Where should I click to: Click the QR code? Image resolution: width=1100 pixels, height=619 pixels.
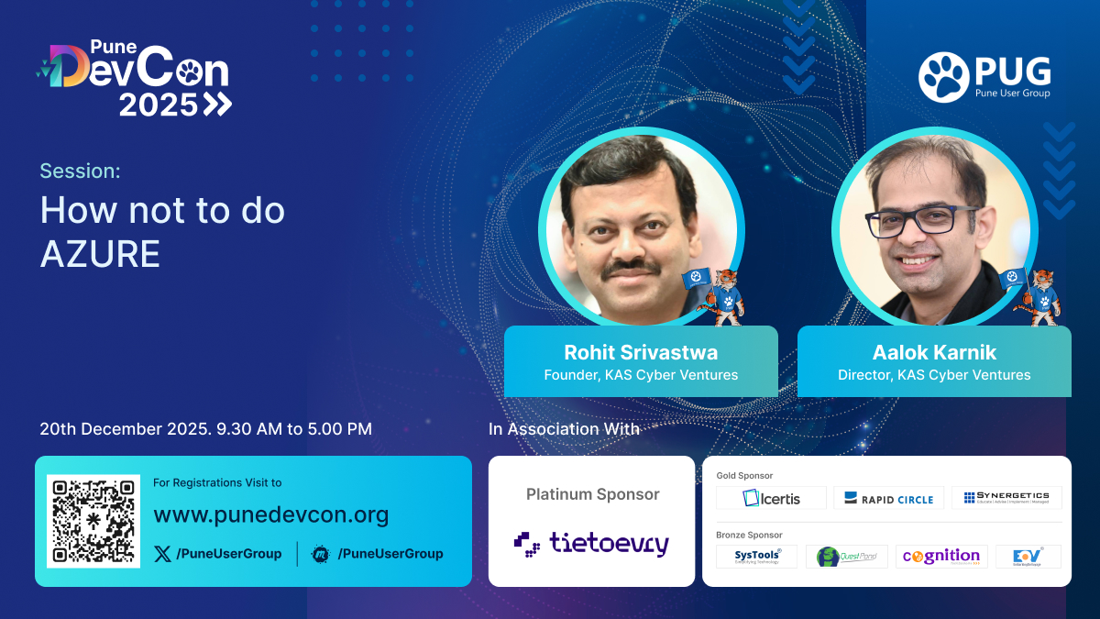pyautogui.click(x=94, y=520)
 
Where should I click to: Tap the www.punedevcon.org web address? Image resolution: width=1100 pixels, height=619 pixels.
pyautogui.click(x=270, y=514)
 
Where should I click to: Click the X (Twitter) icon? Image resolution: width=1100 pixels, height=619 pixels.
pyautogui.click(x=162, y=553)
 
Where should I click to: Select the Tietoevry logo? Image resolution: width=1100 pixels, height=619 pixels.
pyautogui.click(x=591, y=544)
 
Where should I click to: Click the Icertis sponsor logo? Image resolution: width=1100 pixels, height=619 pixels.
pyautogui.click(x=772, y=498)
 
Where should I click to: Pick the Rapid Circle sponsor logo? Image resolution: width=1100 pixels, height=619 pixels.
pyautogui.click(x=889, y=499)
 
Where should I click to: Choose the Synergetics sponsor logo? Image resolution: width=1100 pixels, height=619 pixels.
pyautogui.click(x=1006, y=498)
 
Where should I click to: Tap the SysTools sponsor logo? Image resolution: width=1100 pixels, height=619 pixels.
pyautogui.click(x=757, y=556)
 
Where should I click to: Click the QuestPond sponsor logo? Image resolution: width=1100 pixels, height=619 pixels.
pyautogui.click(x=846, y=557)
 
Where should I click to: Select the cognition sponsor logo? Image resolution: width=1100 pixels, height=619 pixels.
pyautogui.click(x=941, y=556)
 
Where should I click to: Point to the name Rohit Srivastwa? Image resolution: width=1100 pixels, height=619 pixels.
pyautogui.click(x=641, y=352)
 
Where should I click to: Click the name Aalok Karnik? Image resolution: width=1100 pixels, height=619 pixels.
pyautogui.click(x=934, y=352)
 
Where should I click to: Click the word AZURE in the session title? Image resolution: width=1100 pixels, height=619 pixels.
pyautogui.click(x=100, y=254)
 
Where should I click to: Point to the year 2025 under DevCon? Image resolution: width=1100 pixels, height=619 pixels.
pyautogui.click(x=159, y=105)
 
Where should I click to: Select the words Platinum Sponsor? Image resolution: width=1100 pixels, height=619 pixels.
pyautogui.click(x=592, y=494)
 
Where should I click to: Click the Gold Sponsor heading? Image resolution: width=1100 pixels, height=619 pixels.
pyautogui.click(x=744, y=475)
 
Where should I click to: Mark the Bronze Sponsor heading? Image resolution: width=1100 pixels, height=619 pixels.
pyautogui.click(x=749, y=534)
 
